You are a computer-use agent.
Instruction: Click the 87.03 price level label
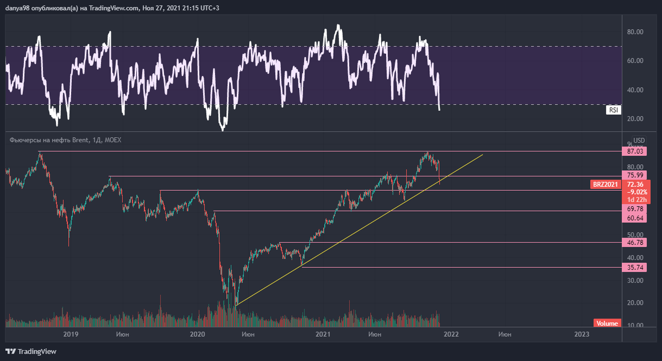click(x=636, y=151)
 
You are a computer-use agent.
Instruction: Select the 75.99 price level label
click(x=636, y=175)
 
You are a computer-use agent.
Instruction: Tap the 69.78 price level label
click(x=636, y=209)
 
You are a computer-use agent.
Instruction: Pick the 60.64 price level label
click(x=636, y=218)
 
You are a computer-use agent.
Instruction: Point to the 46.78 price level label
click(x=636, y=243)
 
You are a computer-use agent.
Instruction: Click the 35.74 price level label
click(x=636, y=268)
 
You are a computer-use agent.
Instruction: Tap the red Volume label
click(x=607, y=324)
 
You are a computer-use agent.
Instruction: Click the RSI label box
click(x=613, y=110)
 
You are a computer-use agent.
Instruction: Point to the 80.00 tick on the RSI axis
click(x=636, y=32)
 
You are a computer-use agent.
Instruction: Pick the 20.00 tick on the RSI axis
click(x=636, y=118)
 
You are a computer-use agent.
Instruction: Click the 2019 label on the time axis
click(x=70, y=334)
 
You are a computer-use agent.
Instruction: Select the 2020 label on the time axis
click(x=197, y=334)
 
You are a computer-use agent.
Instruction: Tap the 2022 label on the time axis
click(x=451, y=334)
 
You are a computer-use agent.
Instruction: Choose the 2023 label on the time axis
click(x=581, y=334)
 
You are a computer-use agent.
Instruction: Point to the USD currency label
click(x=639, y=140)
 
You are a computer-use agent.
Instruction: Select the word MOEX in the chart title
click(x=113, y=140)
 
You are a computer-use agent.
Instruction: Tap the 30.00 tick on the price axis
click(x=636, y=281)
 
